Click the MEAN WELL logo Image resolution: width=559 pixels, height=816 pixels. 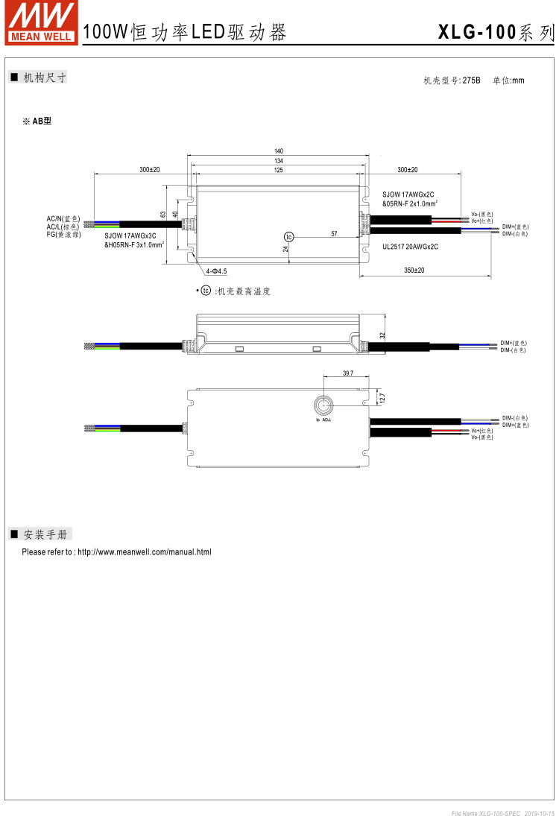pos(41,22)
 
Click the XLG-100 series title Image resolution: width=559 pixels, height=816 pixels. pos(496,32)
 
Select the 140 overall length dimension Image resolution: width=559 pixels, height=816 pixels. pos(279,151)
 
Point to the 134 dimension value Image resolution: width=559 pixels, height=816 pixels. pos(279,161)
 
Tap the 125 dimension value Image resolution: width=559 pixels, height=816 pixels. pos(279,171)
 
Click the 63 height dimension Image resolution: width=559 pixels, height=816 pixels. pos(163,215)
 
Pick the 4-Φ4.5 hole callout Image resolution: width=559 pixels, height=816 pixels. pos(215,271)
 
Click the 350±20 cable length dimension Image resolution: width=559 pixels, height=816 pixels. pos(414,271)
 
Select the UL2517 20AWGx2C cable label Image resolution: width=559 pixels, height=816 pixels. pos(409,245)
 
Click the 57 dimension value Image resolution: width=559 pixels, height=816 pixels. pos(334,234)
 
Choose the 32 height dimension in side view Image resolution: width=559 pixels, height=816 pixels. pos(383,335)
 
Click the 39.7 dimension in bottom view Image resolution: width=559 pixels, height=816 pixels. pos(347,373)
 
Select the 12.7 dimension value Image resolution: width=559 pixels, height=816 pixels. pos(382,399)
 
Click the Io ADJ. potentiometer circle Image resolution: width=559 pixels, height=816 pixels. pos(323,405)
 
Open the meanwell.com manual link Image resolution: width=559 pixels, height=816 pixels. pos(145,552)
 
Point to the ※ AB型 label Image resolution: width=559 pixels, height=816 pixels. pos(37,121)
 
